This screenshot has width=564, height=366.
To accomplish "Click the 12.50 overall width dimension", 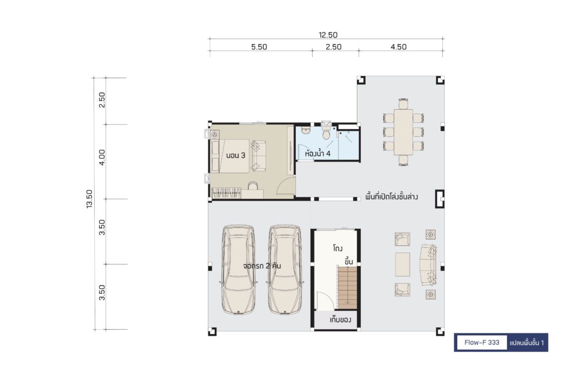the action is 328,35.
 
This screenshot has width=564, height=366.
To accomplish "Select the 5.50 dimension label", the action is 259,47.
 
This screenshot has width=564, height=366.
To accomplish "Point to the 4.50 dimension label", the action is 399,47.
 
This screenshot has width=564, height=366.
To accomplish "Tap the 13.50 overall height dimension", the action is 89,199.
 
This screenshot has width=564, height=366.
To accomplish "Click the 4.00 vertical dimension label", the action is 102,157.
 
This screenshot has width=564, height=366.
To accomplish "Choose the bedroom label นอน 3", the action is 236,155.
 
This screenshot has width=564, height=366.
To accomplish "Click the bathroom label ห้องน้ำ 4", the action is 318,154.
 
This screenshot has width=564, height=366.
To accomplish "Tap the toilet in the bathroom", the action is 327,131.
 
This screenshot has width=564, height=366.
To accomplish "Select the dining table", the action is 403,132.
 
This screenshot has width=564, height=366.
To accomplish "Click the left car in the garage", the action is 238,270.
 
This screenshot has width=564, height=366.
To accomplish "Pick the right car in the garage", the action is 285,270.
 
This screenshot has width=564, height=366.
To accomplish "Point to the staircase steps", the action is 348,287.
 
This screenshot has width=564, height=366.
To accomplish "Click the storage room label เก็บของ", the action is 340,320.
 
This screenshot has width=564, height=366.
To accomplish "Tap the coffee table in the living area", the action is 403,264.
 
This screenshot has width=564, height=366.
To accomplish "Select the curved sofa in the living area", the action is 429,265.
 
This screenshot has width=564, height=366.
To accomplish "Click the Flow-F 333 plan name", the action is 481,342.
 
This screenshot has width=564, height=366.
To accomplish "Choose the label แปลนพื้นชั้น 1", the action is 527,343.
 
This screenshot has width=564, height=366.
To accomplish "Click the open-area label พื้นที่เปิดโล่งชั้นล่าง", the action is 392,197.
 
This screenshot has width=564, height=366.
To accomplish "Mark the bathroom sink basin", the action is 305,130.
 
